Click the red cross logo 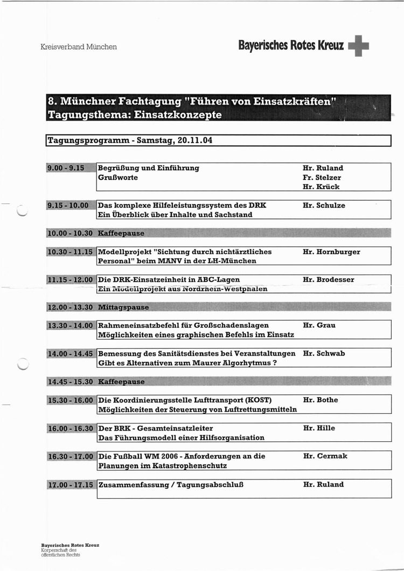point(359,46)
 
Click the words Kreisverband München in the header point(79,47)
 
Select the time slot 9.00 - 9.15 point(66,168)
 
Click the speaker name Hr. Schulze point(324,205)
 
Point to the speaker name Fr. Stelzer point(322,178)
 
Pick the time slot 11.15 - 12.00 point(71,280)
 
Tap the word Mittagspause point(123,307)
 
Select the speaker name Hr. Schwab point(324,354)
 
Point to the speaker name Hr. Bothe point(321,400)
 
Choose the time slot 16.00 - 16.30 point(71,428)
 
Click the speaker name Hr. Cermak point(325,456)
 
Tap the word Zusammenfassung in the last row point(133,484)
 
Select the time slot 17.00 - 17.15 point(71,484)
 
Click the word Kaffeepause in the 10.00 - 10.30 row point(121,233)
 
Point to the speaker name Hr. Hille point(319,428)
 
